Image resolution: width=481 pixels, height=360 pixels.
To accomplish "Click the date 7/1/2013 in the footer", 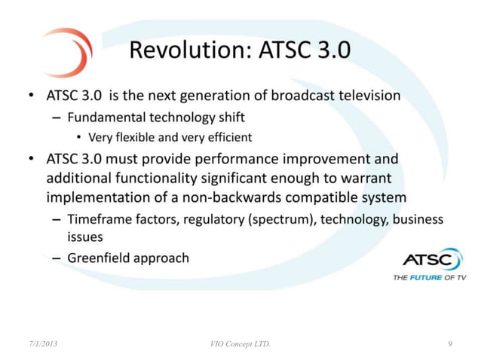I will point(40,344).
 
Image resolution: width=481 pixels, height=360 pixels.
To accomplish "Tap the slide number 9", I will point(449,344).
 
